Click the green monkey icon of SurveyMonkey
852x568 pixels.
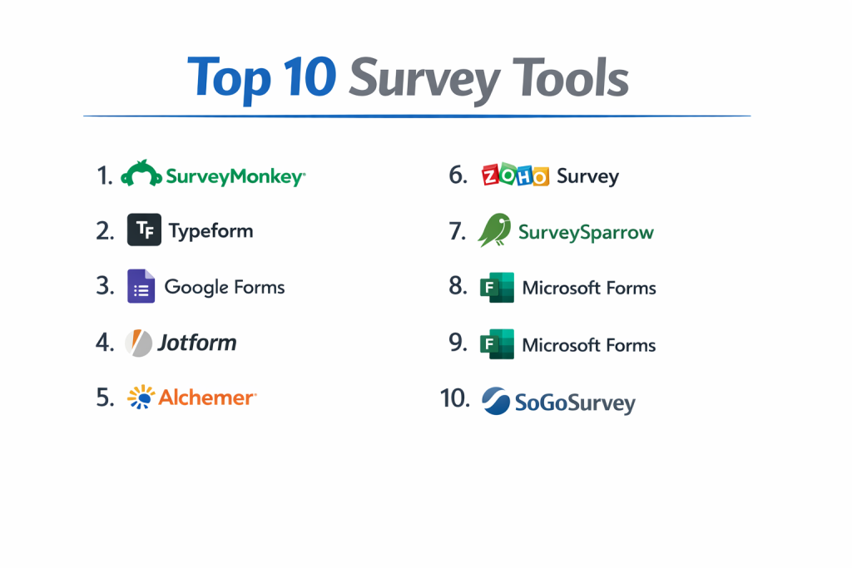[x=141, y=174]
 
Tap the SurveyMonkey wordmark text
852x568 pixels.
[x=235, y=177]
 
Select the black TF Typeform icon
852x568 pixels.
[x=144, y=230]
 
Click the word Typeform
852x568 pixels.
[x=211, y=231]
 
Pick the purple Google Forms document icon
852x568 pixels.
[x=141, y=285]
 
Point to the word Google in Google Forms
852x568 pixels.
[x=196, y=287]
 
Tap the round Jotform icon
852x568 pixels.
[x=139, y=343]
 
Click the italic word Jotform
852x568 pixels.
[x=197, y=343]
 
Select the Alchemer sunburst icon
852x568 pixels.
[x=141, y=397]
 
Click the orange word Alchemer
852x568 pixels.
[x=207, y=398]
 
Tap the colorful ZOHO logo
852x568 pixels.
[x=515, y=175]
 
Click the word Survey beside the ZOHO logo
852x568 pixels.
[x=588, y=176]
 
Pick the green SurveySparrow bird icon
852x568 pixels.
[x=495, y=230]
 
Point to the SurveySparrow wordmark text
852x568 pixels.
[x=587, y=233]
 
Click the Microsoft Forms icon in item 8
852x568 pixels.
[x=498, y=287]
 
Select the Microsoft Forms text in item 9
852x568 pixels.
[x=589, y=345]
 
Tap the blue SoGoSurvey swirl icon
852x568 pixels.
[x=496, y=401]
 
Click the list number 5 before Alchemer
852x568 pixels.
[x=105, y=398]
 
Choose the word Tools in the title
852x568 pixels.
[x=571, y=78]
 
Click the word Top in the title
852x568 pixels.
[x=230, y=79]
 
